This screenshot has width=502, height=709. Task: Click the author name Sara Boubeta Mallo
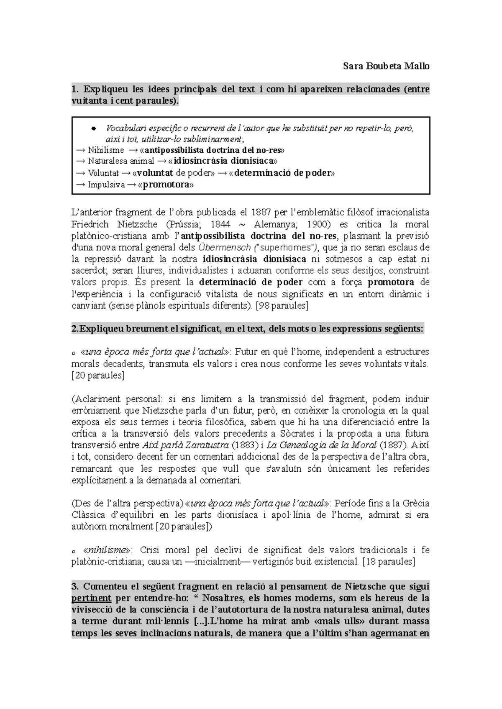click(x=386, y=66)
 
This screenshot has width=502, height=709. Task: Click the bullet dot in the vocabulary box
click(x=94, y=128)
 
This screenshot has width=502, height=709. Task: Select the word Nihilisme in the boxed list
click(x=106, y=150)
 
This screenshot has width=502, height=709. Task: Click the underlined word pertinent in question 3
click(x=92, y=598)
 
